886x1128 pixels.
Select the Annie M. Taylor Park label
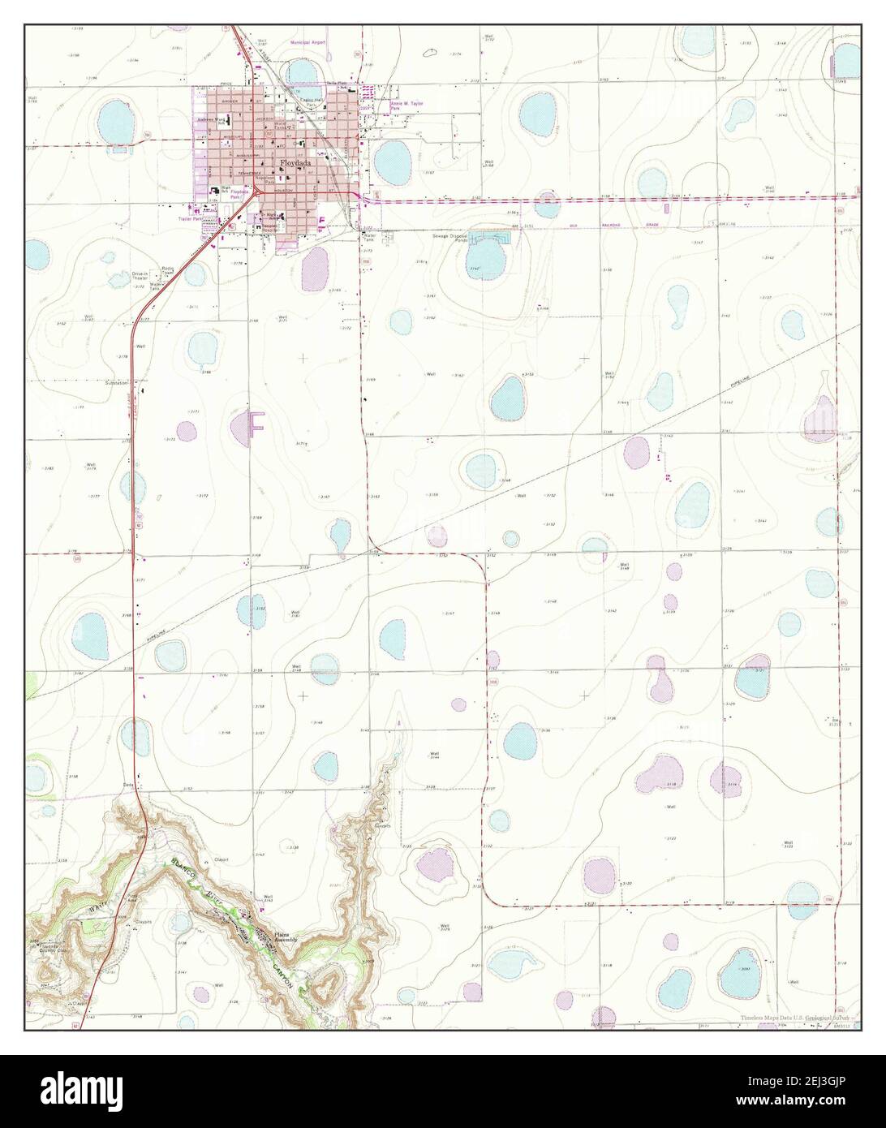pos(407,105)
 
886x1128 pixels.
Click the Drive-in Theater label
pos(144,277)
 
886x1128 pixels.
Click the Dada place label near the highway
pos(127,785)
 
